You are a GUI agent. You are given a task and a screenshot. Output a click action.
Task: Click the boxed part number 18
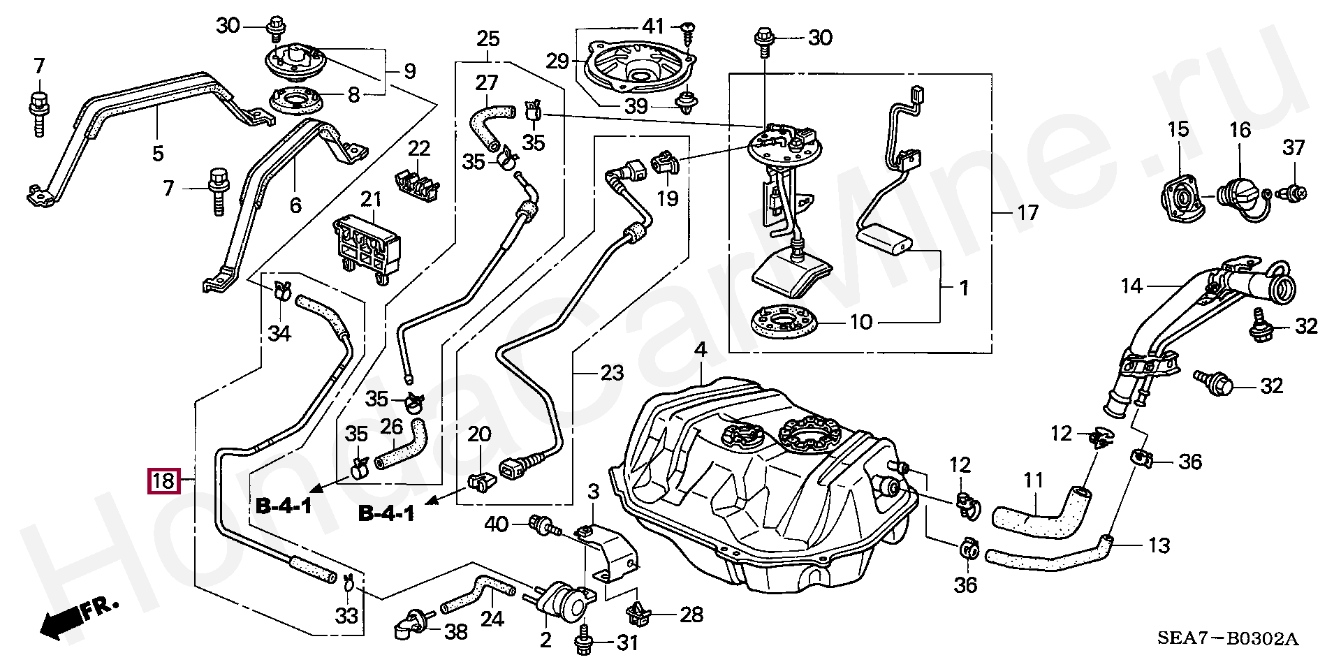(x=163, y=480)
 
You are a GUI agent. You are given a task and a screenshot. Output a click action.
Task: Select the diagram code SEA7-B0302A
(x=1228, y=638)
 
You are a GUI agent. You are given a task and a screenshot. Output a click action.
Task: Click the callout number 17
(x=1027, y=212)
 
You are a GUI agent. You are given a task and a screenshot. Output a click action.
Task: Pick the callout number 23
(x=612, y=373)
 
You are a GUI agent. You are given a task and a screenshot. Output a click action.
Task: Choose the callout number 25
(x=488, y=39)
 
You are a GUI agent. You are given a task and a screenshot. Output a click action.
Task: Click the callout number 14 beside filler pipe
(x=1131, y=286)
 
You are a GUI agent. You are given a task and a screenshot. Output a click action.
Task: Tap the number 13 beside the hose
(x=1159, y=545)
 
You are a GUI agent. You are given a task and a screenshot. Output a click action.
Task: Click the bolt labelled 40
(x=544, y=525)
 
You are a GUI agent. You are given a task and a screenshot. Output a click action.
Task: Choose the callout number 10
(x=860, y=322)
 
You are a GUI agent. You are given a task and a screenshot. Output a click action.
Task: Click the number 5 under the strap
(x=158, y=153)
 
